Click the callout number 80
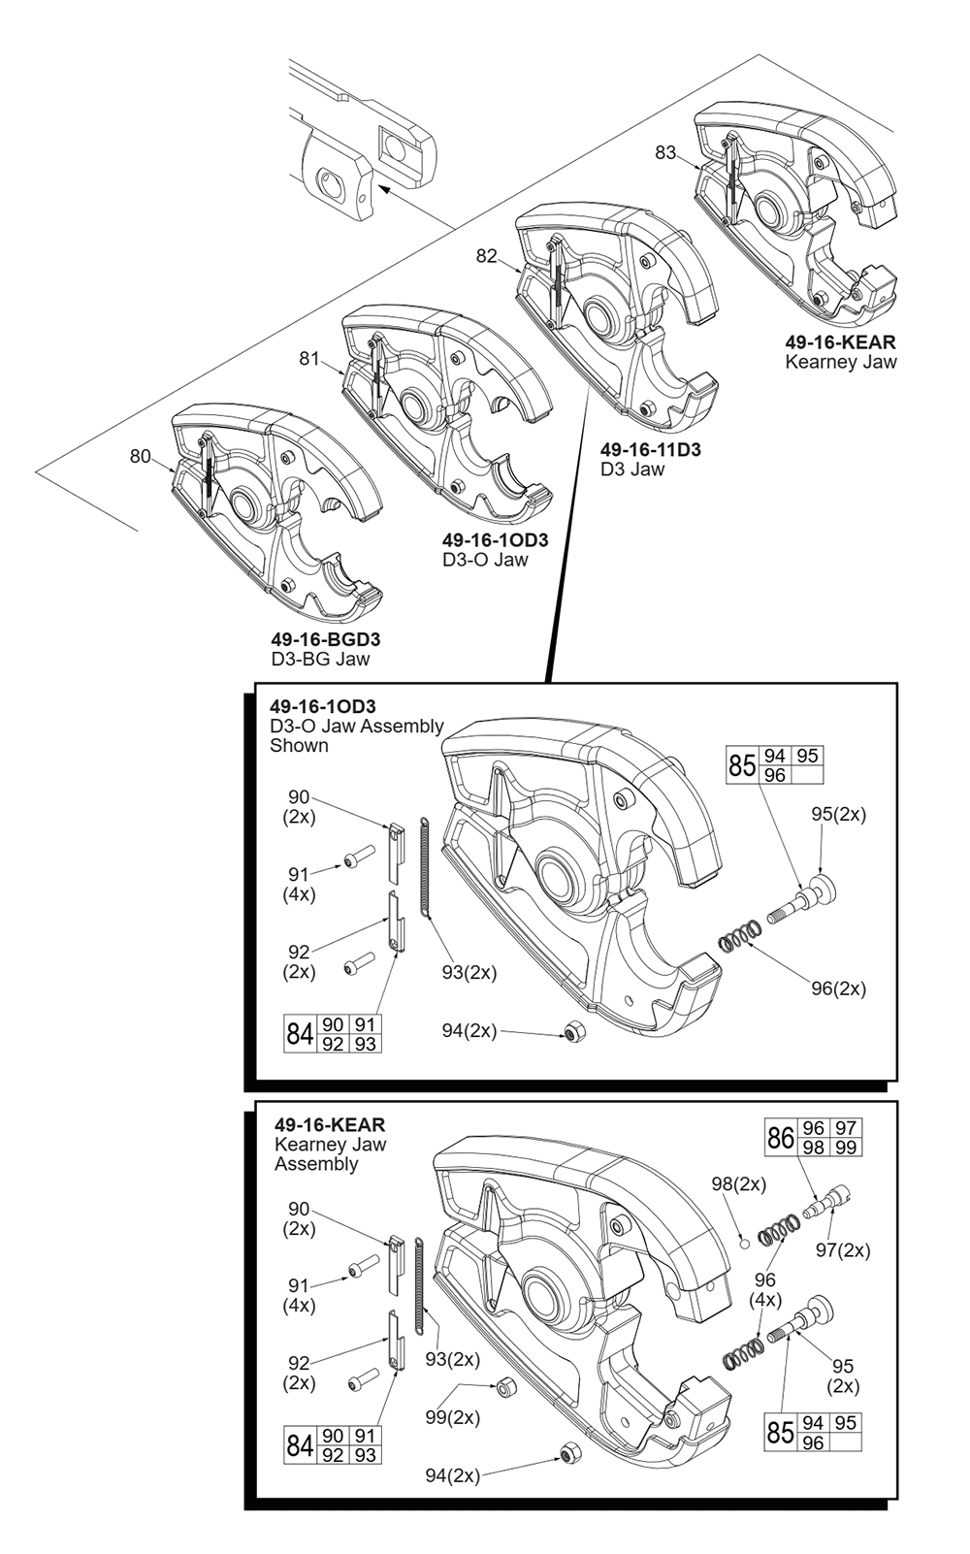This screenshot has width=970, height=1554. point(140,456)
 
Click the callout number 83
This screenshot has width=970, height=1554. point(665,152)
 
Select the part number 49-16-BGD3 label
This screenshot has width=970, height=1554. point(326,639)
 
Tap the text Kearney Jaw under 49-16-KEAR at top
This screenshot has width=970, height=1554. point(840,362)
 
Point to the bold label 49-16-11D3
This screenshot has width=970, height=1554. point(650,450)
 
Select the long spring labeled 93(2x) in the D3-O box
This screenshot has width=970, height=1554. point(426,866)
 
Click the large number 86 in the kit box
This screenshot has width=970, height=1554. point(780,1137)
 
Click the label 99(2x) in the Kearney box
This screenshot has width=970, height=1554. point(452,1417)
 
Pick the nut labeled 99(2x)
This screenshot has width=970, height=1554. point(504,1386)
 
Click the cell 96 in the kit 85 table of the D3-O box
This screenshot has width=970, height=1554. point(775,775)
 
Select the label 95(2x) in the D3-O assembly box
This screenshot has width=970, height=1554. point(837,814)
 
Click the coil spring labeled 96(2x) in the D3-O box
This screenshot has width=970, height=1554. point(739,937)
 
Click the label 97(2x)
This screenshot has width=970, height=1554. point(842,1250)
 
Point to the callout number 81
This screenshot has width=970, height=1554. point(308,359)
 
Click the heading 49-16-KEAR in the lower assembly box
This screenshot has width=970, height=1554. point(329,1124)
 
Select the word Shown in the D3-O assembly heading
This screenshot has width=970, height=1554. point(299,745)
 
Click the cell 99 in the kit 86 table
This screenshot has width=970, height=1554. point(845,1147)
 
